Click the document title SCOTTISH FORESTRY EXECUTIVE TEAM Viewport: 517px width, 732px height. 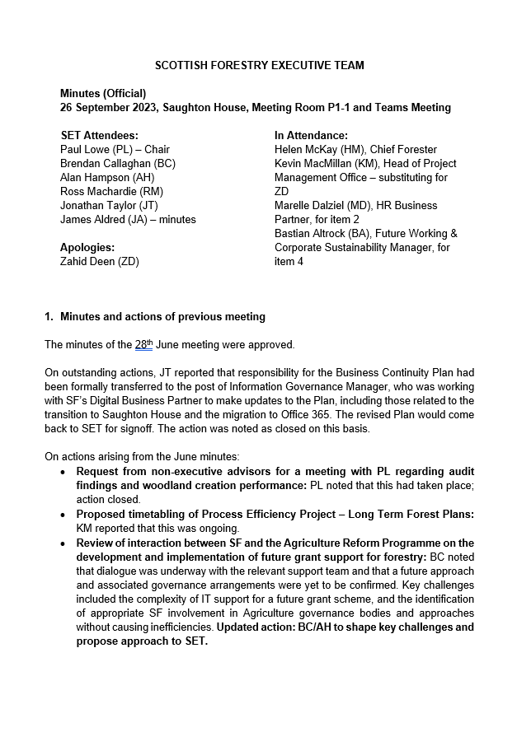point(260,65)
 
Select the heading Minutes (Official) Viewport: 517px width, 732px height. point(103,93)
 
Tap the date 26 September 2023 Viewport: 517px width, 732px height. point(110,107)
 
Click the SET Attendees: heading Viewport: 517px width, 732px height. point(100,135)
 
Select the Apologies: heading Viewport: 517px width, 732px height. point(87,247)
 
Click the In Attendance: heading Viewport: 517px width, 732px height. point(311,135)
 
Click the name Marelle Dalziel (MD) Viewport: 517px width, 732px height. point(322,205)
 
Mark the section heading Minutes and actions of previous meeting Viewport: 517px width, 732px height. point(162,317)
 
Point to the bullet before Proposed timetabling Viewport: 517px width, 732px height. point(64,514)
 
